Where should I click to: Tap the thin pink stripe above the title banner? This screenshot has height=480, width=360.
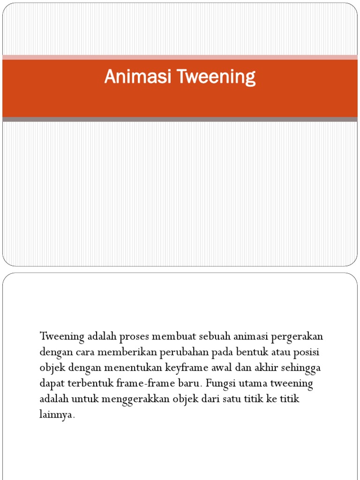[180, 57]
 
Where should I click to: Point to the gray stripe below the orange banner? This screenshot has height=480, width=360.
[180, 120]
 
